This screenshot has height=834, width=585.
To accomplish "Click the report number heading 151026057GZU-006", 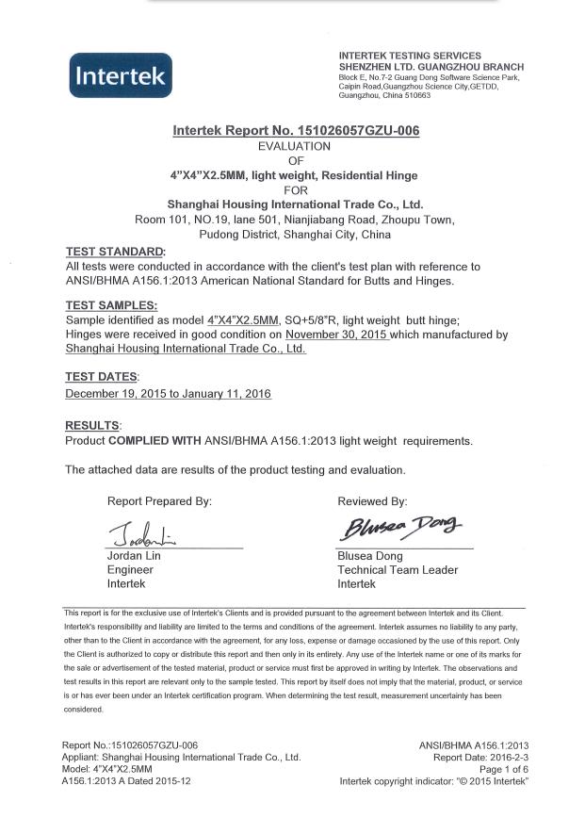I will click(x=296, y=131).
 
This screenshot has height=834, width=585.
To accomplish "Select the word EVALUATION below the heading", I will click(x=295, y=146).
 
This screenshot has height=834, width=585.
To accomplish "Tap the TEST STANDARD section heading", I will click(x=114, y=252).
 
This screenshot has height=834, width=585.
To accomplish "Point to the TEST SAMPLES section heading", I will click(x=111, y=305).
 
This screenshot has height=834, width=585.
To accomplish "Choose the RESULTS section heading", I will click(x=92, y=426).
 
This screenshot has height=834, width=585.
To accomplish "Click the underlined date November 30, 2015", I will click(x=337, y=334).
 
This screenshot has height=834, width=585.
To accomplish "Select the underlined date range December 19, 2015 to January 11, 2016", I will click(x=169, y=393).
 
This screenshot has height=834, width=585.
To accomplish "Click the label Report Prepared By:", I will click(x=159, y=501).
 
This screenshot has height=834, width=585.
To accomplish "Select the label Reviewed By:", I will click(x=372, y=501).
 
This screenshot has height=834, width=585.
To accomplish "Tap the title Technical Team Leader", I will click(x=398, y=570).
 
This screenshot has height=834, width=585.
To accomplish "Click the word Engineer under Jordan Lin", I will click(x=130, y=570).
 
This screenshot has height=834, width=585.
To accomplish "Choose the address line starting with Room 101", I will click(x=295, y=220).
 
